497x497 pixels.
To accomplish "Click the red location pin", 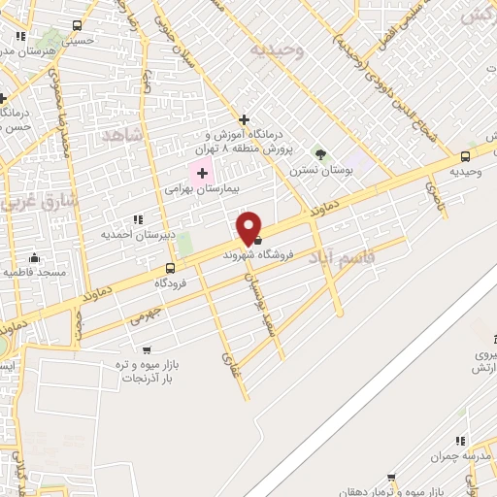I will coord(249,227).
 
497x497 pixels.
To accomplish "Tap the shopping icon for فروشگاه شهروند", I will coord(257,242).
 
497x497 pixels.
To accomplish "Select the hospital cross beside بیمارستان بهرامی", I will coord(202,173).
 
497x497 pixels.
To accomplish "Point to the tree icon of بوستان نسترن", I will coord(321,153).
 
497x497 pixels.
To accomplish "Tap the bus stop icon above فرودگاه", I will coord(171,268).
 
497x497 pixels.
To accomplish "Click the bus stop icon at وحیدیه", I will coord(466,156).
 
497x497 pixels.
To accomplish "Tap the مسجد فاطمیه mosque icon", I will coord(35,258).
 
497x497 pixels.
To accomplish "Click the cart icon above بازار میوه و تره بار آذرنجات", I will coord(147,349).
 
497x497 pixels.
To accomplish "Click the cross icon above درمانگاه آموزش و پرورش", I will coord(244,118).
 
